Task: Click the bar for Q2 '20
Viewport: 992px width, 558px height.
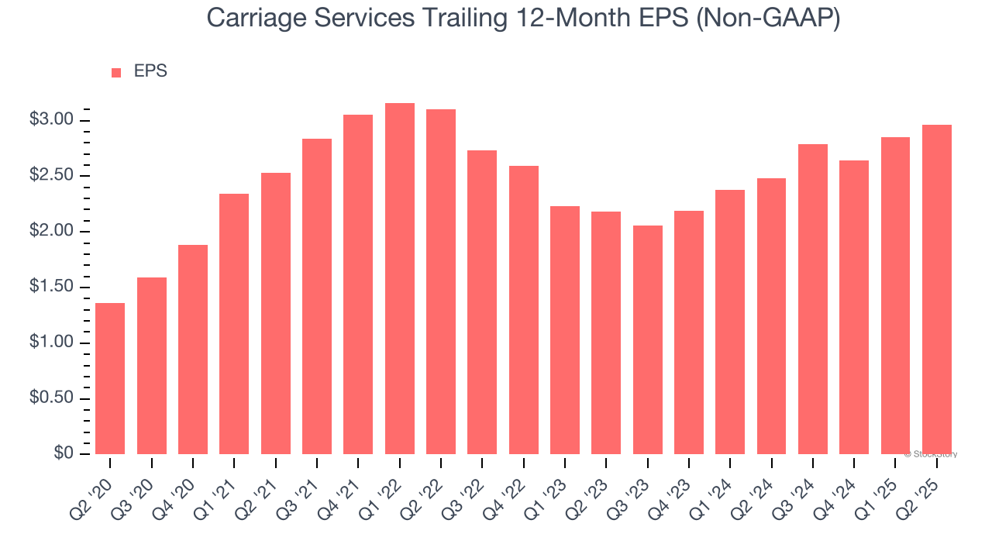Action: pyautogui.click(x=110, y=378)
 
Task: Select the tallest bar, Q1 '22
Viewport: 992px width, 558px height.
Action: pyautogui.click(x=399, y=279)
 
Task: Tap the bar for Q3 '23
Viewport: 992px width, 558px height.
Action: pyautogui.click(x=647, y=339)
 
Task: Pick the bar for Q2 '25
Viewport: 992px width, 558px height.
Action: pyautogui.click(x=937, y=289)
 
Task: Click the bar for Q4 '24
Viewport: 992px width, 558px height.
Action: pyautogui.click(x=854, y=307)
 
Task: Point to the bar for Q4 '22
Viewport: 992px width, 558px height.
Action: pyautogui.click(x=523, y=310)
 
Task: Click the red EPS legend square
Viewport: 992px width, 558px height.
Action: pyautogui.click(x=116, y=72)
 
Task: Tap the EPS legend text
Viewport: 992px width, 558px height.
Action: pyautogui.click(x=150, y=71)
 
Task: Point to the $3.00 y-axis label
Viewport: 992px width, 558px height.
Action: pyautogui.click(x=51, y=120)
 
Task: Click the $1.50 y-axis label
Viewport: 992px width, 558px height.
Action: pyautogui.click(x=51, y=288)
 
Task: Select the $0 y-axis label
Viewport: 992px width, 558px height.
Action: pyautogui.click(x=64, y=454)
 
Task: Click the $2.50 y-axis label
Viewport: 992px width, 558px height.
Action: pyautogui.click(x=51, y=176)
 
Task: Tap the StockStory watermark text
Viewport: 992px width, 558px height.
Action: pyautogui.click(x=931, y=454)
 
